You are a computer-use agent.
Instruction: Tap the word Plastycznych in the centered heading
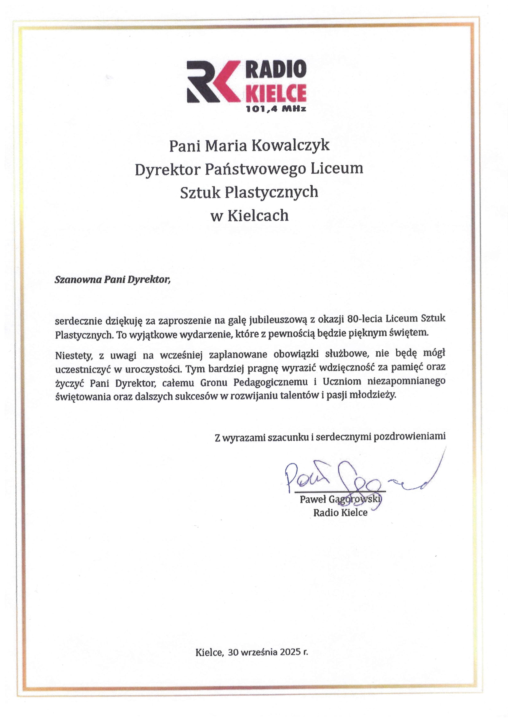pyautogui.click(x=271, y=192)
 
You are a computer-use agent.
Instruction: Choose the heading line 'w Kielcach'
pyautogui.click(x=249, y=216)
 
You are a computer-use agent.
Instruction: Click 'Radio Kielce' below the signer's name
pyautogui.click(x=340, y=513)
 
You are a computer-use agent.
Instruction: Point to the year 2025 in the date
pyautogui.click(x=291, y=652)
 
